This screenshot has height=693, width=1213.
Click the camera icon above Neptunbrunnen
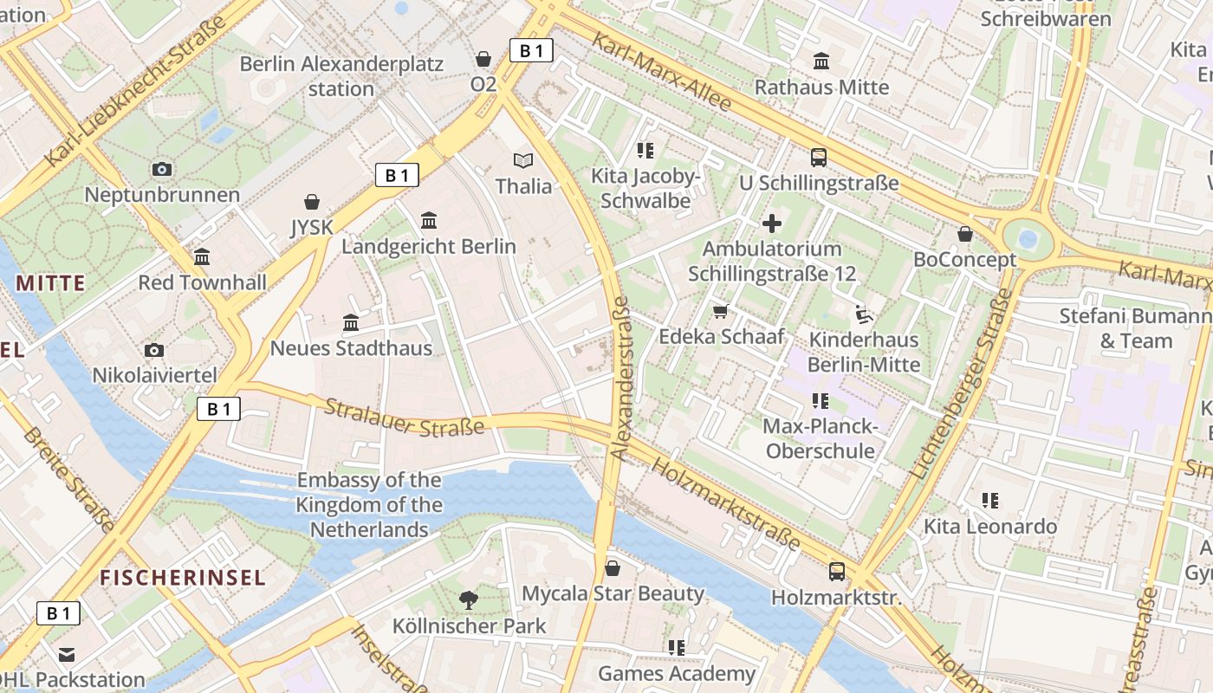point(161,169)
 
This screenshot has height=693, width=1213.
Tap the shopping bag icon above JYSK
point(312,202)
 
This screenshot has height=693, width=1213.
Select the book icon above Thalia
point(522,160)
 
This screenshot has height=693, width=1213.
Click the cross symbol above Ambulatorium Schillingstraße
point(771,223)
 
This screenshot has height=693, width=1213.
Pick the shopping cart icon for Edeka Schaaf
point(720,311)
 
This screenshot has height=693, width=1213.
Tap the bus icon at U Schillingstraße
point(818,158)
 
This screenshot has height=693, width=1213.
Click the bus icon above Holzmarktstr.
point(836,572)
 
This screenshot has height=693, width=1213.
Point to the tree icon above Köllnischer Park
point(469,599)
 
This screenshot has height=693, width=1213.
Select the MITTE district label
point(51,283)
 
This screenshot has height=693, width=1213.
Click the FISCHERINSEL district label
point(182,578)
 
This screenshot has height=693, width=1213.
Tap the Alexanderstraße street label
point(619,378)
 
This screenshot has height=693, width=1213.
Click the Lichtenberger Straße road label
point(962,385)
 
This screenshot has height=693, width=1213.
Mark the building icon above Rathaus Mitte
point(821,62)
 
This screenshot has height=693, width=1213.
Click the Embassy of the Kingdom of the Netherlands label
point(369,505)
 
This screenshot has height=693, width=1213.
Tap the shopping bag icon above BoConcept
point(964,234)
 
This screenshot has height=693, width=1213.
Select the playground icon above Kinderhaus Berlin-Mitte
point(863,314)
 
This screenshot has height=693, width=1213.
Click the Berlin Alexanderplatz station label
point(341,76)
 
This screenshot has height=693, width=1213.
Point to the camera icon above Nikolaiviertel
point(154,350)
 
